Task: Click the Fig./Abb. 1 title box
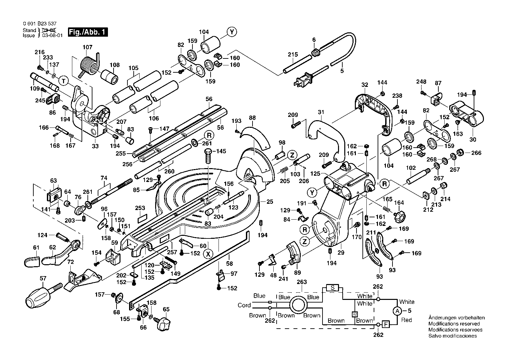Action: tap(88, 32)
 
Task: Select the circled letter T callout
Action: tap(63, 81)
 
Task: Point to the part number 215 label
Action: tap(293, 54)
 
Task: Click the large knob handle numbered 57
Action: tap(43, 295)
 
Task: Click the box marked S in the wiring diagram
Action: tap(332, 288)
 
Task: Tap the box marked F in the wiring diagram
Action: tap(386, 324)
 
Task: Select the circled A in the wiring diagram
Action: tap(397, 311)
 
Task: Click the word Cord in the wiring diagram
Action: tap(244, 305)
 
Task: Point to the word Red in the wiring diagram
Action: tap(406, 320)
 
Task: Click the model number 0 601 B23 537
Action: tap(40, 24)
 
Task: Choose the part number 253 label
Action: tap(140, 208)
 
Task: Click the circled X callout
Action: tap(208, 254)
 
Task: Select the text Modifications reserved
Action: tap(454, 324)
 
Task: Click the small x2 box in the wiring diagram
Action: tap(355, 314)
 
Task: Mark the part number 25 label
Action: tap(270, 202)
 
